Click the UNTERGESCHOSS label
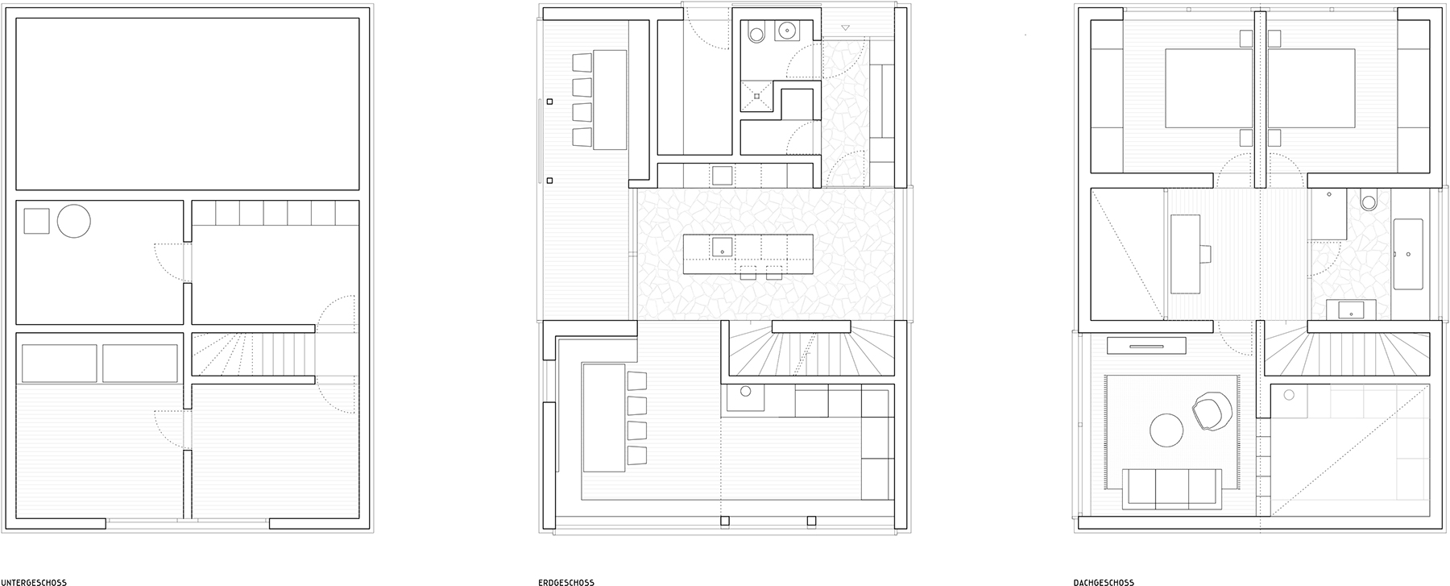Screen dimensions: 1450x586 (34, 582)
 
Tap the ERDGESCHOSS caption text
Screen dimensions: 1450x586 (566, 582)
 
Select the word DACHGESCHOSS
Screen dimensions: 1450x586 (1104, 582)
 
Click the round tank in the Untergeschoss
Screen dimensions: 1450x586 (73, 221)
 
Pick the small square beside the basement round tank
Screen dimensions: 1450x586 (36, 221)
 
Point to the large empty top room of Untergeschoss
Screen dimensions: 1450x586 (188, 104)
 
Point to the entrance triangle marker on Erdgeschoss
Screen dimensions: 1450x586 (845, 28)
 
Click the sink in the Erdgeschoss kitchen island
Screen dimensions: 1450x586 (722, 246)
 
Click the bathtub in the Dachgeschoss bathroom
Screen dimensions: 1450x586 (1408, 254)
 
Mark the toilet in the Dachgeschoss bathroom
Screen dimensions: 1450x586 (1369, 201)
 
